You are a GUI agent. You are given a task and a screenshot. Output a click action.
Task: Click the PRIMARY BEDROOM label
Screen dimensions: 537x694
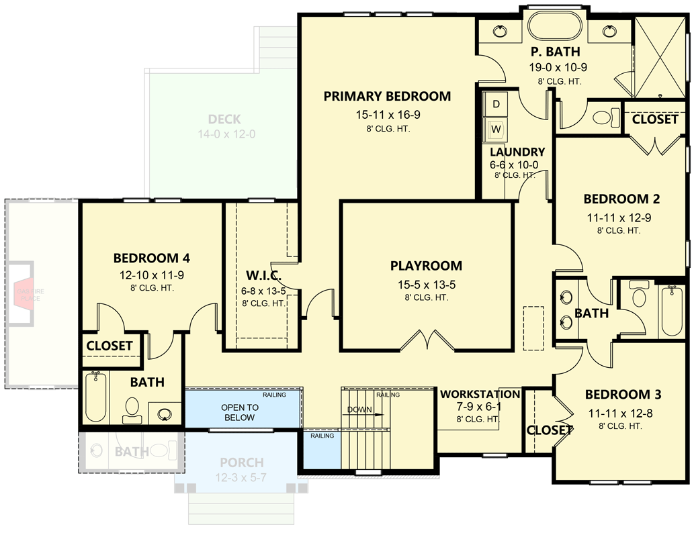coord(387,96)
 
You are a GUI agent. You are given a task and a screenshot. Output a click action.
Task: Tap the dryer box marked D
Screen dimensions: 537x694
coord(496,104)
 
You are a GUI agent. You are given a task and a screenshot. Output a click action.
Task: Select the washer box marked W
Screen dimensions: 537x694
coord(496,128)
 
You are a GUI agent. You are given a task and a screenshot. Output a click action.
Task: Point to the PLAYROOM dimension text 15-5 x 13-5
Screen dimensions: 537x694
coord(426,285)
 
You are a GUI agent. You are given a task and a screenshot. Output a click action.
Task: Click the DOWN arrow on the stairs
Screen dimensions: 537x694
coord(363,411)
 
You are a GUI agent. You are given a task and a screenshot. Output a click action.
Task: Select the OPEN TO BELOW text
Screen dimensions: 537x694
coord(240,412)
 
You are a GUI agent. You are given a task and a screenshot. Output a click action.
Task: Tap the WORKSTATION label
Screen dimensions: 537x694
coord(480,394)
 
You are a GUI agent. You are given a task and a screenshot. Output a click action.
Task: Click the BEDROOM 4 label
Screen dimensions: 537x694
coord(151,258)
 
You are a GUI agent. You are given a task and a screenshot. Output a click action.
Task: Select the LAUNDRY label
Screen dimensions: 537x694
coord(517,152)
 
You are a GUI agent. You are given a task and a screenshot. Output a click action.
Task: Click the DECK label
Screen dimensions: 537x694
coord(224,119)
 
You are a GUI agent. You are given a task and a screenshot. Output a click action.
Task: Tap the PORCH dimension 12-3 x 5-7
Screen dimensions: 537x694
coord(241,477)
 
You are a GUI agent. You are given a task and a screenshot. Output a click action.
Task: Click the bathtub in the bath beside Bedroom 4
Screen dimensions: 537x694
coord(96,397)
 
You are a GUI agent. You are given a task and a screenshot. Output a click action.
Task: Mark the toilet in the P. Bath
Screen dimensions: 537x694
coord(605,117)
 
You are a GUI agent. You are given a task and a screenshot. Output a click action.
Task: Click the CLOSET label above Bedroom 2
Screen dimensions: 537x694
coord(655,119)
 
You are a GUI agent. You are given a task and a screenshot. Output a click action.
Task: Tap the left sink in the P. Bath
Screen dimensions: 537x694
coord(501,30)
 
